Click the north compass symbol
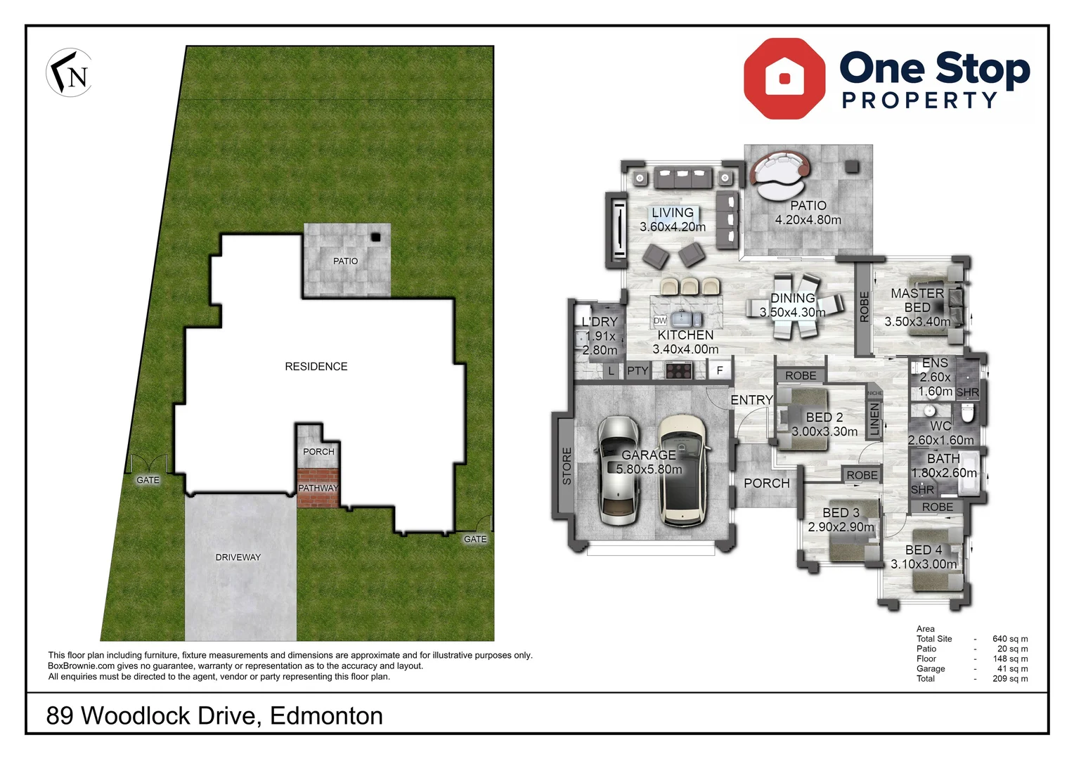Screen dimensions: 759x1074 point(70,72)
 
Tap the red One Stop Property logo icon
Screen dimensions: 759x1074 point(784,78)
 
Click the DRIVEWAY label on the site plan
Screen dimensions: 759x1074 point(238,557)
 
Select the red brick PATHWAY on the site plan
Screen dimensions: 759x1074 point(318,488)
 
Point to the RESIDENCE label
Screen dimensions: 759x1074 point(316,366)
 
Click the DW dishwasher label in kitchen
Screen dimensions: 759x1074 point(660,320)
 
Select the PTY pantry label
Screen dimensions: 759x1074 point(638,371)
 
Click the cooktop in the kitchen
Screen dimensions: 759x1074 point(679,370)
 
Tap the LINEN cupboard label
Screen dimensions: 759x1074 point(874,420)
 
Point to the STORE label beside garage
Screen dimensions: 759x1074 point(567,465)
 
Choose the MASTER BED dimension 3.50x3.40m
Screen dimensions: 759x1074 point(917,322)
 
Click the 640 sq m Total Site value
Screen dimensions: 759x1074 point(1009,639)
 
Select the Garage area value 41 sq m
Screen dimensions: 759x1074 point(1012,668)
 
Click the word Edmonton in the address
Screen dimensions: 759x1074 point(326,715)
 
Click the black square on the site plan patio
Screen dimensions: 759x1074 point(376,237)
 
